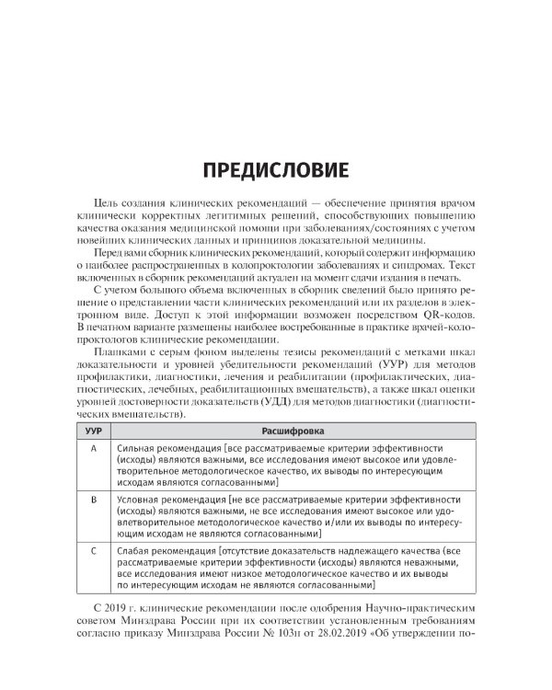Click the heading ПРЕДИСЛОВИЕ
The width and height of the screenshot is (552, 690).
pos(275,170)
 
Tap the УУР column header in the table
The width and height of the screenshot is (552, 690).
pos(92,431)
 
